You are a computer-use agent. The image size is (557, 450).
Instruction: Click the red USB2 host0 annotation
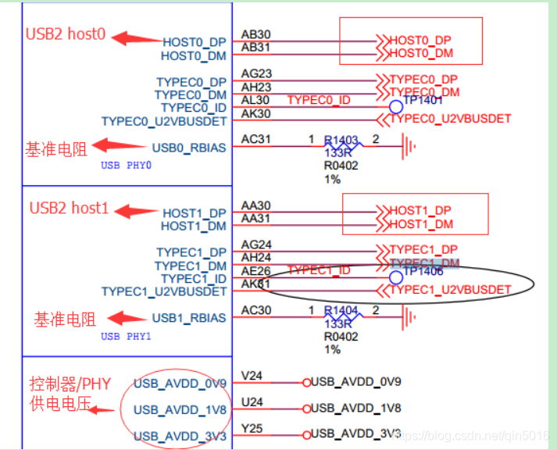[66, 34]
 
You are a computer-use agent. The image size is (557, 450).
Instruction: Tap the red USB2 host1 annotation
[68, 209]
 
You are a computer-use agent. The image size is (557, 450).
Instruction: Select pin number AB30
[255, 35]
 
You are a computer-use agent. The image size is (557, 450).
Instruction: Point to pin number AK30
[255, 113]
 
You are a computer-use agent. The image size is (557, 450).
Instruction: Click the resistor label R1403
[341, 141]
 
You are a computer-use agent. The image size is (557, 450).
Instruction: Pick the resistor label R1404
[341, 311]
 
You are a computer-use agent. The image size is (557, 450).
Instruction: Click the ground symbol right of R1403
[407, 145]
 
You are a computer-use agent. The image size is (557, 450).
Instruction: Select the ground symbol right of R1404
[407, 316]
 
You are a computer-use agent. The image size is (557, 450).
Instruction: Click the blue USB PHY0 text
[126, 166]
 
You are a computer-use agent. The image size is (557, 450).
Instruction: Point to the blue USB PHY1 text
[126, 337]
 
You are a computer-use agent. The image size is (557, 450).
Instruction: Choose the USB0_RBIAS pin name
[188, 147]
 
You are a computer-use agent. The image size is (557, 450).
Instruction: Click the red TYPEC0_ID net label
[319, 100]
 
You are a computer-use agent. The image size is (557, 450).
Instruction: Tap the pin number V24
[252, 376]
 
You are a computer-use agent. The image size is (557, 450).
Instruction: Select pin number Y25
[252, 429]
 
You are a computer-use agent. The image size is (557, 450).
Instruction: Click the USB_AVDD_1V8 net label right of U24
[356, 408]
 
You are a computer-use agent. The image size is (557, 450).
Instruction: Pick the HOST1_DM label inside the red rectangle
[421, 224]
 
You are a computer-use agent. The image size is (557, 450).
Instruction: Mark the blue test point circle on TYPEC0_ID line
[396, 106]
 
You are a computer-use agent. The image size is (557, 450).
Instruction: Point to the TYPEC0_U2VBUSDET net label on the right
[450, 119]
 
